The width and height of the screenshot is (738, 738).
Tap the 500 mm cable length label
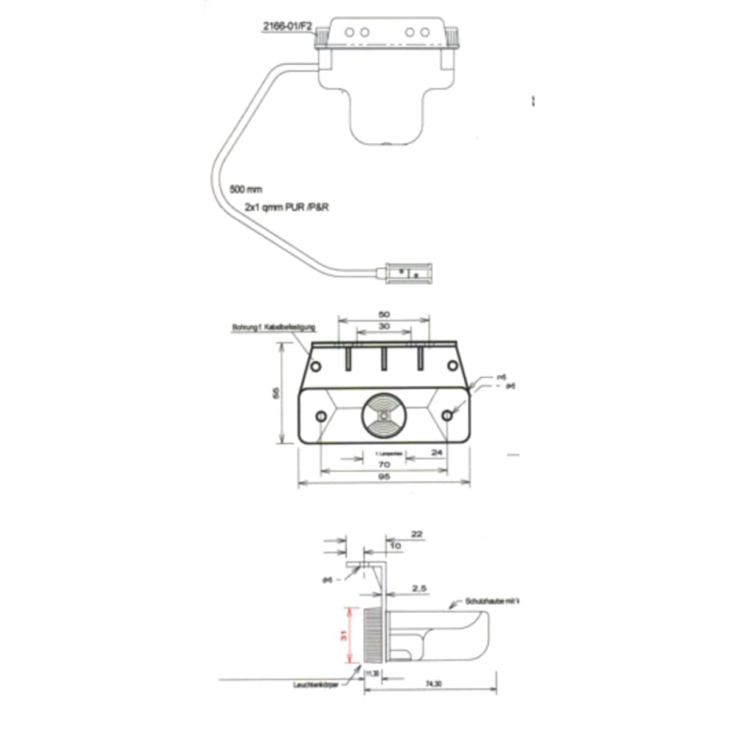tap(246, 190)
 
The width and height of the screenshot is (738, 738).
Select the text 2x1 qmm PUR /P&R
tap(286, 209)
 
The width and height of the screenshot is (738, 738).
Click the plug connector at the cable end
tap(407, 275)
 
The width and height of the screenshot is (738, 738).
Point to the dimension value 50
tap(383, 314)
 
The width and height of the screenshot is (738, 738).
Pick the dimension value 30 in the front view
tap(383, 326)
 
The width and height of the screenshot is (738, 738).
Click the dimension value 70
tap(383, 465)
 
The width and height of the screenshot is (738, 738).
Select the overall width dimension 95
tap(383, 477)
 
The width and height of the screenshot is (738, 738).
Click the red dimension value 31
tap(344, 634)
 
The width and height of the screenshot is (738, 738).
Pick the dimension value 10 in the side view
tap(396, 545)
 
